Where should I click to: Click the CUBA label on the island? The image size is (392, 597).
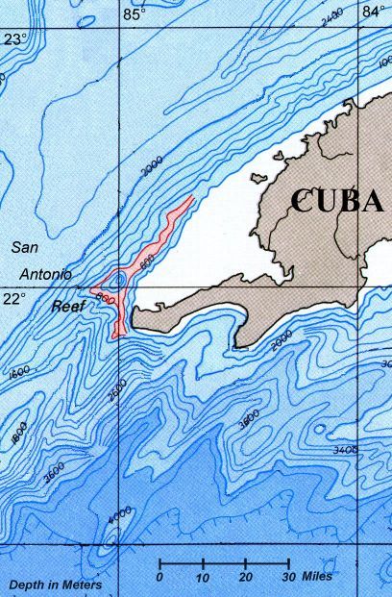pos(337,200)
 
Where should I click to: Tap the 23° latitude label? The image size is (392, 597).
pos(14,39)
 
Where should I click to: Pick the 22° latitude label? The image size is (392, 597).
pos(13,299)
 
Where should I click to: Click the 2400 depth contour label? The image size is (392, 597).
pos(332,15)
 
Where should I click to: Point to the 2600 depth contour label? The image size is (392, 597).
pos(118,389)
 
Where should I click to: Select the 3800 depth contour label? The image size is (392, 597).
pos(248,420)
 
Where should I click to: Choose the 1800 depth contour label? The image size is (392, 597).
pos(17,434)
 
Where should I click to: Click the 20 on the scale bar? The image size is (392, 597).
pos(246,577)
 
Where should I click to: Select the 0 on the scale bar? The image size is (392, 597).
pos(159,577)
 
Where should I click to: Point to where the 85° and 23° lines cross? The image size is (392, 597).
pos(119,29)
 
